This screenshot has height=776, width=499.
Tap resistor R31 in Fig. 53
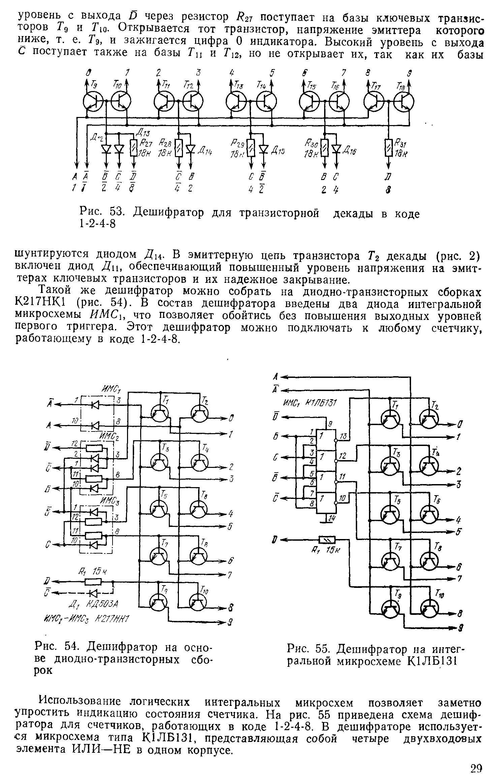pyautogui.click(x=388, y=147)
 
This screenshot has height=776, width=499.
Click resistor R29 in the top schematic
pyautogui.click(x=251, y=148)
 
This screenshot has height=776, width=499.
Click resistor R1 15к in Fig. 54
pyautogui.click(x=93, y=581)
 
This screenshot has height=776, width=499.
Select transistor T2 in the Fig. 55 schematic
pyautogui.click(x=429, y=419)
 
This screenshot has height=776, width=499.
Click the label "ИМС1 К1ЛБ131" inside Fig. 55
pyautogui.click(x=310, y=403)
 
